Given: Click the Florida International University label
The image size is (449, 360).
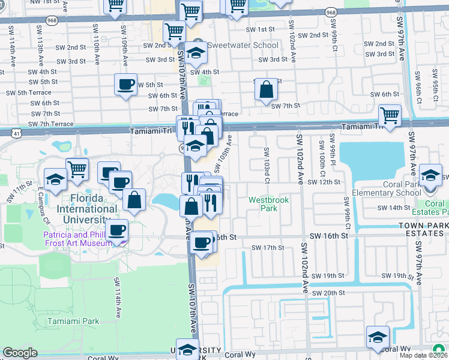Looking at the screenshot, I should point(87,203).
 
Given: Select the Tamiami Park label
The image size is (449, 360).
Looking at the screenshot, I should point(73,321).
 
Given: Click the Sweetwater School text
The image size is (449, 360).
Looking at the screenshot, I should point(243,45).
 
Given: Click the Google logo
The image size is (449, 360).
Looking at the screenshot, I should point(20,353).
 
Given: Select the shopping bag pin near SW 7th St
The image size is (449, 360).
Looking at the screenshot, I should point(266,90).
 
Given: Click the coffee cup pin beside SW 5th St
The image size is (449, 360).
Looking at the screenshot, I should point(125,85).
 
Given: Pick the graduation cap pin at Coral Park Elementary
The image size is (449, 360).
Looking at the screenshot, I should point(430,175).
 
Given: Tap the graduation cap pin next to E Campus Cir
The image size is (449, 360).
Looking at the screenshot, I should point(55,179).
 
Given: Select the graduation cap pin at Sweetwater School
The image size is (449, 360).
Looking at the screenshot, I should point(196,53).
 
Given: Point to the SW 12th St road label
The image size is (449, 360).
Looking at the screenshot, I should point(324,182).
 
